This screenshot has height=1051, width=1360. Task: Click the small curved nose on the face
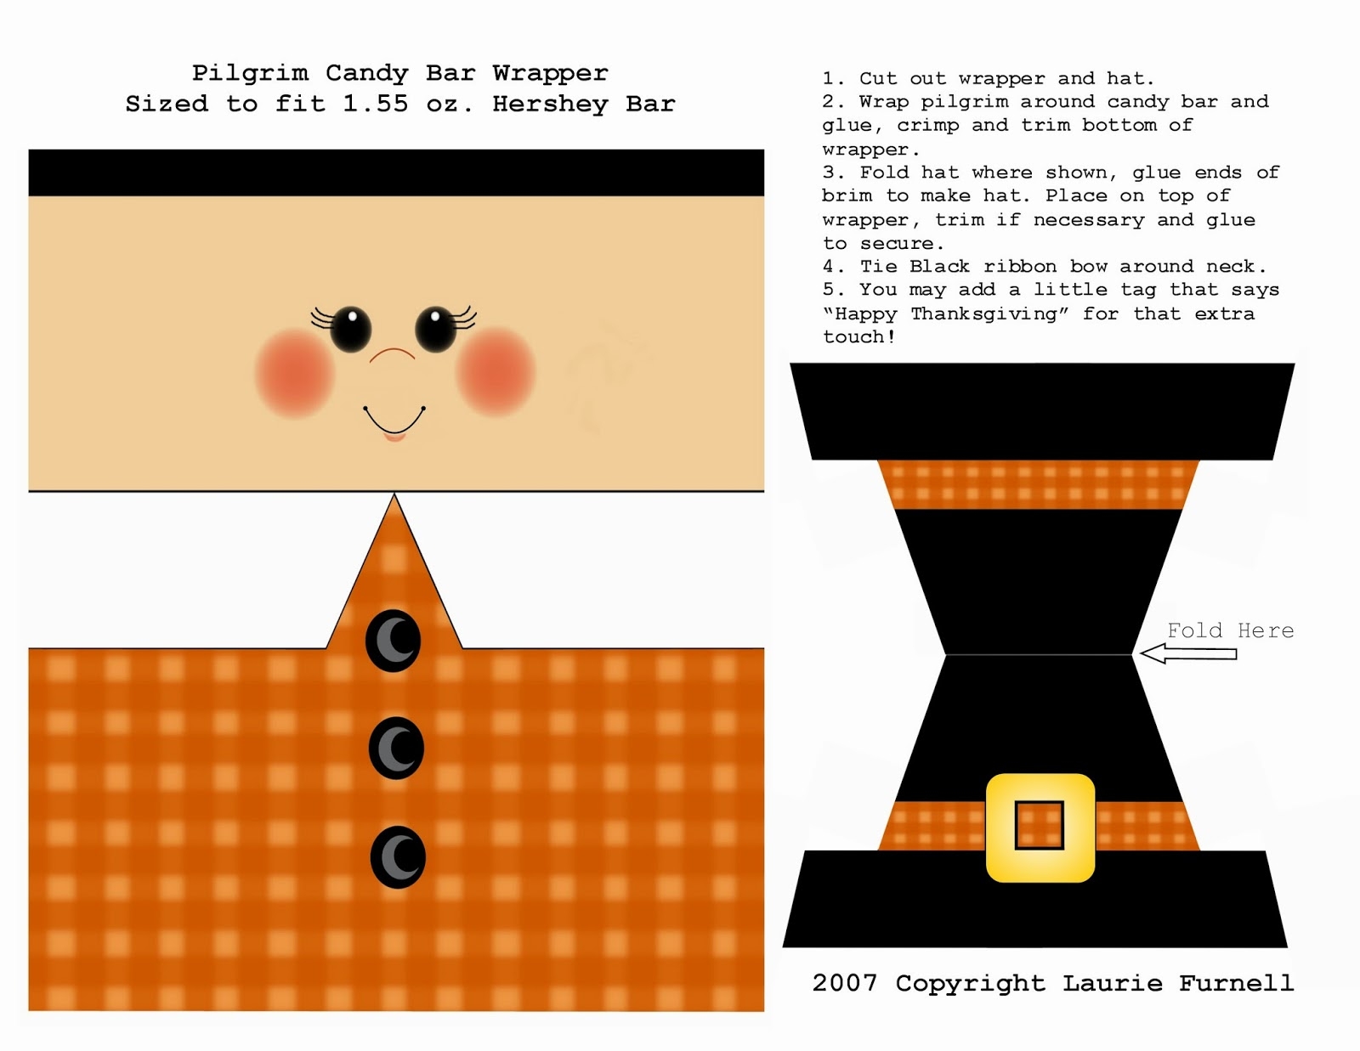point(392,354)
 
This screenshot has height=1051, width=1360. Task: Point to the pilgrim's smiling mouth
point(394,423)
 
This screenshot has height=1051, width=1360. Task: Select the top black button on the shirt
point(393,641)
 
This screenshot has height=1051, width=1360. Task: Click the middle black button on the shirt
point(396,749)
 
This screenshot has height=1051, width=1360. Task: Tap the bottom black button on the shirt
point(398,857)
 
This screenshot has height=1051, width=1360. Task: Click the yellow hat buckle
point(1040,828)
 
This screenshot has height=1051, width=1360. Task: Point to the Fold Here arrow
point(1188,653)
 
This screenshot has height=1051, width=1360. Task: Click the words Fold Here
point(1231,630)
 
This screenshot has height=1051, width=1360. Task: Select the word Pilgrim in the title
point(251,73)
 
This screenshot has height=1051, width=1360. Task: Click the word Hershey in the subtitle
point(550,104)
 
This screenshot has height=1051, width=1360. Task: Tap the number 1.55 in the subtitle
point(376,103)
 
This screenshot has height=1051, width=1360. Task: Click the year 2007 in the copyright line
point(845,983)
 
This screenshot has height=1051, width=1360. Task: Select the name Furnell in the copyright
point(1236,983)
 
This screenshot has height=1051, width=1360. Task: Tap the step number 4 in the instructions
point(829,266)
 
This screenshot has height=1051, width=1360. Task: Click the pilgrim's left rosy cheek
point(294,372)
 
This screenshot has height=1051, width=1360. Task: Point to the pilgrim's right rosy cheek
point(496,371)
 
